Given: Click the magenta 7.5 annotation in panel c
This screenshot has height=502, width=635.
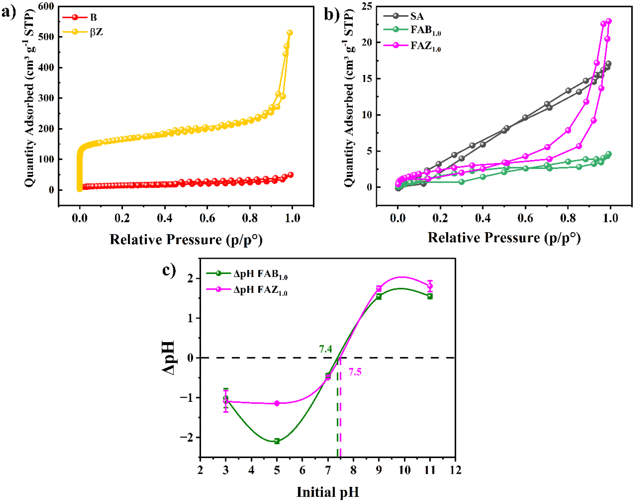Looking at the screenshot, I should click(x=355, y=372).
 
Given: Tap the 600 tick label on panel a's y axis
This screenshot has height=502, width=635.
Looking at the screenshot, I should click(x=46, y=6).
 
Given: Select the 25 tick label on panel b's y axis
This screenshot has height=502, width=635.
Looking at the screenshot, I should click(x=367, y=6).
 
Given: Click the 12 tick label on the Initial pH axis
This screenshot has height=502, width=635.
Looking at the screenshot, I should click(x=455, y=470).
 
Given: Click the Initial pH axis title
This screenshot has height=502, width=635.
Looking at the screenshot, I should click(x=328, y=492).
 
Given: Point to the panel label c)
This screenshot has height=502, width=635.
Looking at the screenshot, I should click(x=169, y=270).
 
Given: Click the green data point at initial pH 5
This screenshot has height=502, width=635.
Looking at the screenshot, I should click(x=277, y=441).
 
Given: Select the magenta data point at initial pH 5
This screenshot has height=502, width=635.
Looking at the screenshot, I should click(x=277, y=403).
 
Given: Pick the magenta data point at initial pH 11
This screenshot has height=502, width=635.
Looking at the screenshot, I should click(x=430, y=286).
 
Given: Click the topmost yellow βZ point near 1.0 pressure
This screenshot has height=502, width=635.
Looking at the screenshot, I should click(x=290, y=33).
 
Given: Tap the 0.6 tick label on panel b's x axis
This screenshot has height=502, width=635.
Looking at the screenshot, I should click(x=525, y=218).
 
